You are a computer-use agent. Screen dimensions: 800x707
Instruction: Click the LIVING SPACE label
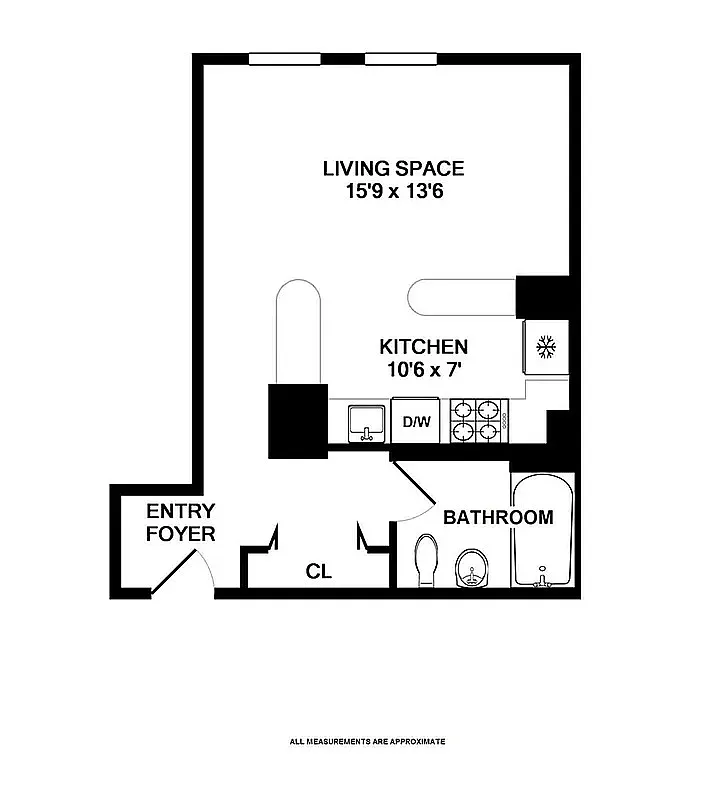393,168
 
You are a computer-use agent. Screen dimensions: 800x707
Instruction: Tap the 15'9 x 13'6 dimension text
393,192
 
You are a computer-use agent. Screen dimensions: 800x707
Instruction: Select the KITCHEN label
423,347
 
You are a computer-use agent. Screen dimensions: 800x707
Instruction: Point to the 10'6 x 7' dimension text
423,370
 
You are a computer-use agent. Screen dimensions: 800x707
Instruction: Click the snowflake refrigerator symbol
545,347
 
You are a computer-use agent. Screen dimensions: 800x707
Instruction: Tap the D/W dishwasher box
416,421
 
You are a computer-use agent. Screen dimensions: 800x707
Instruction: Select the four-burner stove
478,420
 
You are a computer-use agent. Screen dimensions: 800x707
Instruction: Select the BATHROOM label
497,517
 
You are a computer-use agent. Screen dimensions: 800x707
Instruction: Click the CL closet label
318,572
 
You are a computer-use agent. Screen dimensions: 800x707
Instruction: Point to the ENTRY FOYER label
180,522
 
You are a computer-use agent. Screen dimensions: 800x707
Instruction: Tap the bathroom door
412,485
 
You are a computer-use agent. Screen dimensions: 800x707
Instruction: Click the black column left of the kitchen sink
297,420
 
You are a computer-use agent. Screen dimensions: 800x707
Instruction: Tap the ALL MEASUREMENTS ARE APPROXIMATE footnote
367,742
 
